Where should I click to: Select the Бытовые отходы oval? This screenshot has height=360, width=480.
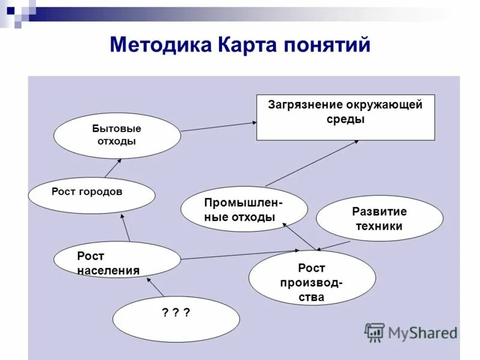(x=117, y=136)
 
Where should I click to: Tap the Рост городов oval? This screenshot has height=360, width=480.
(x=91, y=195)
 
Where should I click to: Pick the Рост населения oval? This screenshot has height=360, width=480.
(x=116, y=260)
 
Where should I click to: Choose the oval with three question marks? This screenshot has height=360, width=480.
(x=176, y=319)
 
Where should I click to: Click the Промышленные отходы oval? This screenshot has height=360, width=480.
(x=244, y=209)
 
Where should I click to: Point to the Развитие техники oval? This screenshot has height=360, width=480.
(x=379, y=218)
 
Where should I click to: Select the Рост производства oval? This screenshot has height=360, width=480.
(x=312, y=278)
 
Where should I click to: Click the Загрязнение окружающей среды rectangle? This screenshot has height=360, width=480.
(x=345, y=118)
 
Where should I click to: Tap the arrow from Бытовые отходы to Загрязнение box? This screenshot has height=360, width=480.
(x=219, y=126)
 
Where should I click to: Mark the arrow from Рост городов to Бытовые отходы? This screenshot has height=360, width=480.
(x=113, y=168)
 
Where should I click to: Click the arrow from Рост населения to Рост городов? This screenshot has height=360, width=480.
(x=125, y=229)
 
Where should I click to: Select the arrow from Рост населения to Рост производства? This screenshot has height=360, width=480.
(x=240, y=255)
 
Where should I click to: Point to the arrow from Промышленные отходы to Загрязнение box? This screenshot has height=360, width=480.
(x=312, y=163)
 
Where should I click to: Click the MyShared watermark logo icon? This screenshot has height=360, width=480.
(x=375, y=332)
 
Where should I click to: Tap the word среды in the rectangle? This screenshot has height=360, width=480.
(x=345, y=119)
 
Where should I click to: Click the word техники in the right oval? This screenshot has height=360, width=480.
(x=379, y=227)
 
